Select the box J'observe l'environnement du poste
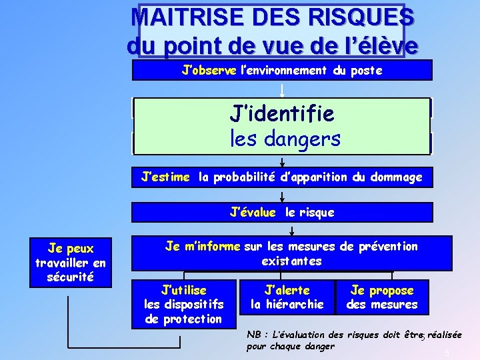tap(282, 70)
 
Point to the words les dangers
tap(285, 139)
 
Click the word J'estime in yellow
tap(166, 177)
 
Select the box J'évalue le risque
tap(282, 213)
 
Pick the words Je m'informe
tap(203, 247)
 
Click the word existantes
tap(291, 261)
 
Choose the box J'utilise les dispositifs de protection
tap(184, 305)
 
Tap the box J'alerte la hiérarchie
tap(287, 297)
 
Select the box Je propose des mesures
tap(382, 297)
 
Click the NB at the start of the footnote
tap(254, 334)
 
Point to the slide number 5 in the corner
tap(447, 353)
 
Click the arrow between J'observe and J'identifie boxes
tap(282, 90)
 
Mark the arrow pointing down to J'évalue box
tap(282, 196)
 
